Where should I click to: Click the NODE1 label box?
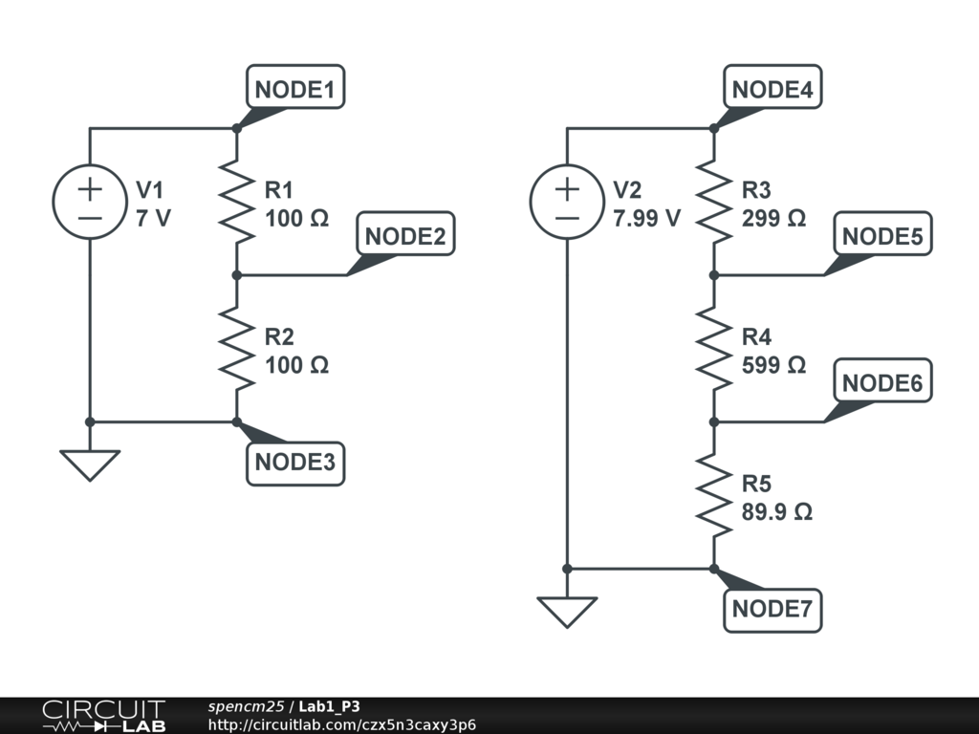coord(295,90)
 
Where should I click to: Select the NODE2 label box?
coord(405,236)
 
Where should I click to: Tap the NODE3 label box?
coord(295,464)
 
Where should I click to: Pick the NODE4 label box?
coord(772,90)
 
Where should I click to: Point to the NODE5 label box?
coord(883,236)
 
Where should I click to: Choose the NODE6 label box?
coord(883,383)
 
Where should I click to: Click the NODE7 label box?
coord(772,609)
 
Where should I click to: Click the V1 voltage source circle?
coord(90,202)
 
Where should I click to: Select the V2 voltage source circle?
coord(567,202)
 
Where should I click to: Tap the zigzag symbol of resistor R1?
coord(236,202)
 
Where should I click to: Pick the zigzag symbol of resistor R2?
coord(236,349)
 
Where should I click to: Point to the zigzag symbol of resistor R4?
coord(713,349)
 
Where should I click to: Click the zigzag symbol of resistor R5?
coord(713,495)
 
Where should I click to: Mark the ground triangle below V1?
coord(90,464)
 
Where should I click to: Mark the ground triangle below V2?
coord(567,612)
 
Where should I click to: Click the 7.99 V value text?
coord(646,218)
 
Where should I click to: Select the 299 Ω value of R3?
coord(773,218)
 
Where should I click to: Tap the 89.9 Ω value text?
coord(776,511)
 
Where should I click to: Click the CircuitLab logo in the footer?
coord(102,716)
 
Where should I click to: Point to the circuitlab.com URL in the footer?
coord(341,724)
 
